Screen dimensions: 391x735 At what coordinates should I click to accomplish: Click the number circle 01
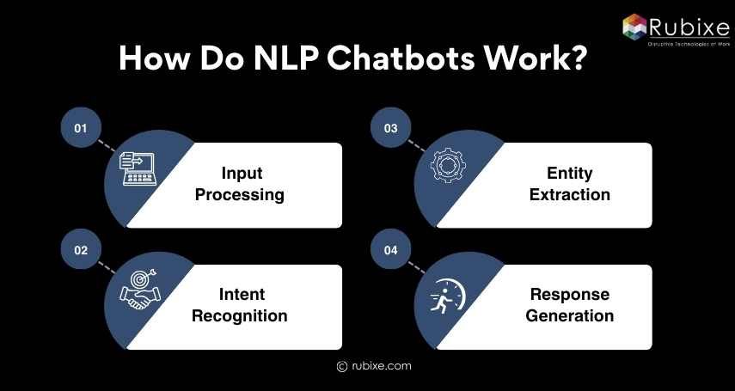point(81,128)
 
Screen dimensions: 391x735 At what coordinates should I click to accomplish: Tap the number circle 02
point(81,250)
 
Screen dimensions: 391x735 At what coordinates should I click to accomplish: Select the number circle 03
point(390,128)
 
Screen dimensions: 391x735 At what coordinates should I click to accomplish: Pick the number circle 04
point(390,250)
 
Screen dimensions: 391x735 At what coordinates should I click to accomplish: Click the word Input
point(240,173)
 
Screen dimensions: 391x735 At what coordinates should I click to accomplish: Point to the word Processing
point(240,195)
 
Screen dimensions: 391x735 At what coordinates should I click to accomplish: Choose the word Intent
point(240,294)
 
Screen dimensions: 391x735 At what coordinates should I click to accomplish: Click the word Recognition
point(240,316)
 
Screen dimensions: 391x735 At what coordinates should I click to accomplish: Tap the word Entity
point(570,173)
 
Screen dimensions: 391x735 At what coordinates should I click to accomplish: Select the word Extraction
point(570,195)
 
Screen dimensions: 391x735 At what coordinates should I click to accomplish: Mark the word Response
point(570,294)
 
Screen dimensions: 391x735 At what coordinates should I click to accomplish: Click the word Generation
point(570,316)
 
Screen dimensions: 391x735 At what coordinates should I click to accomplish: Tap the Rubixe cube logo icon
point(634,27)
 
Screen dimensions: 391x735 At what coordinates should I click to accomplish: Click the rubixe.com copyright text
point(374,366)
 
